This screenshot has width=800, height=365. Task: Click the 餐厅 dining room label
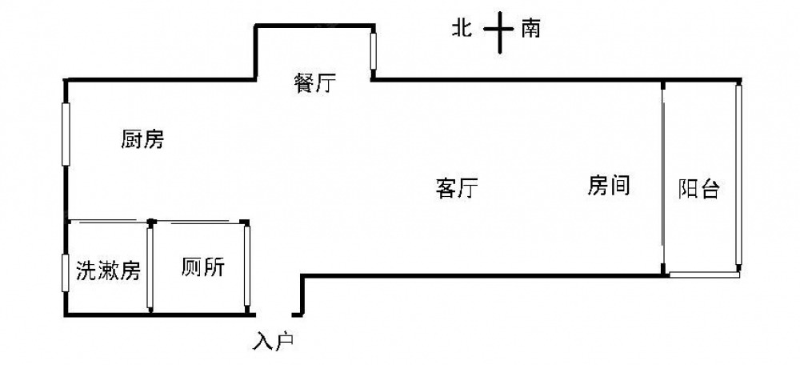[x=314, y=84]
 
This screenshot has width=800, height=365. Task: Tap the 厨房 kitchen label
[x=142, y=141]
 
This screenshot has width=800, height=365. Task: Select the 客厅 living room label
[x=457, y=189]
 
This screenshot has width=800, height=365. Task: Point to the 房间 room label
[x=609, y=186]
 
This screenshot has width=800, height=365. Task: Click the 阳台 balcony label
[x=700, y=189]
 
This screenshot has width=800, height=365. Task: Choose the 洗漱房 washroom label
[x=108, y=271]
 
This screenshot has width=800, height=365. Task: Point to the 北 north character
[x=461, y=30]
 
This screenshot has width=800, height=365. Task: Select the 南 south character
[x=530, y=30]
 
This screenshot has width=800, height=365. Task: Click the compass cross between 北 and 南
[x=498, y=30]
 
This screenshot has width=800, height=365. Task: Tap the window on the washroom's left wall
[x=66, y=273]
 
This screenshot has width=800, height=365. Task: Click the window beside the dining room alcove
[x=373, y=50]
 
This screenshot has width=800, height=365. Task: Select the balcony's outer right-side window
[x=740, y=177]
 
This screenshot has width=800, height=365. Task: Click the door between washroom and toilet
[x=150, y=267]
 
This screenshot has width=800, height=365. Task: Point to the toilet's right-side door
[x=248, y=267]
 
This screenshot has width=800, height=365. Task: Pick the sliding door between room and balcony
[x=663, y=177]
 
